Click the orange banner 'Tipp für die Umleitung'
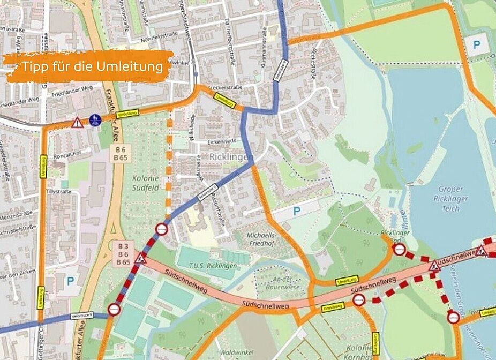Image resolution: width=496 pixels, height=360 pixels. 88,66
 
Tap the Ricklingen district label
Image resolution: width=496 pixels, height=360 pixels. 232,157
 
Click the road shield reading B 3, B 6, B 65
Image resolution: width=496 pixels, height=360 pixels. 123,254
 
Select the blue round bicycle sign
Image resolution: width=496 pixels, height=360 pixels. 95,119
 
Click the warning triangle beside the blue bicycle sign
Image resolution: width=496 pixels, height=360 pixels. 78,123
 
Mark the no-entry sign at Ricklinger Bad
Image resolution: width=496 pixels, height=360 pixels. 399,249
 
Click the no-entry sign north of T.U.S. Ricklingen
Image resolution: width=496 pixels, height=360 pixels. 162,230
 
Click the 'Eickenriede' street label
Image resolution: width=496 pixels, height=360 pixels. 222,142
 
